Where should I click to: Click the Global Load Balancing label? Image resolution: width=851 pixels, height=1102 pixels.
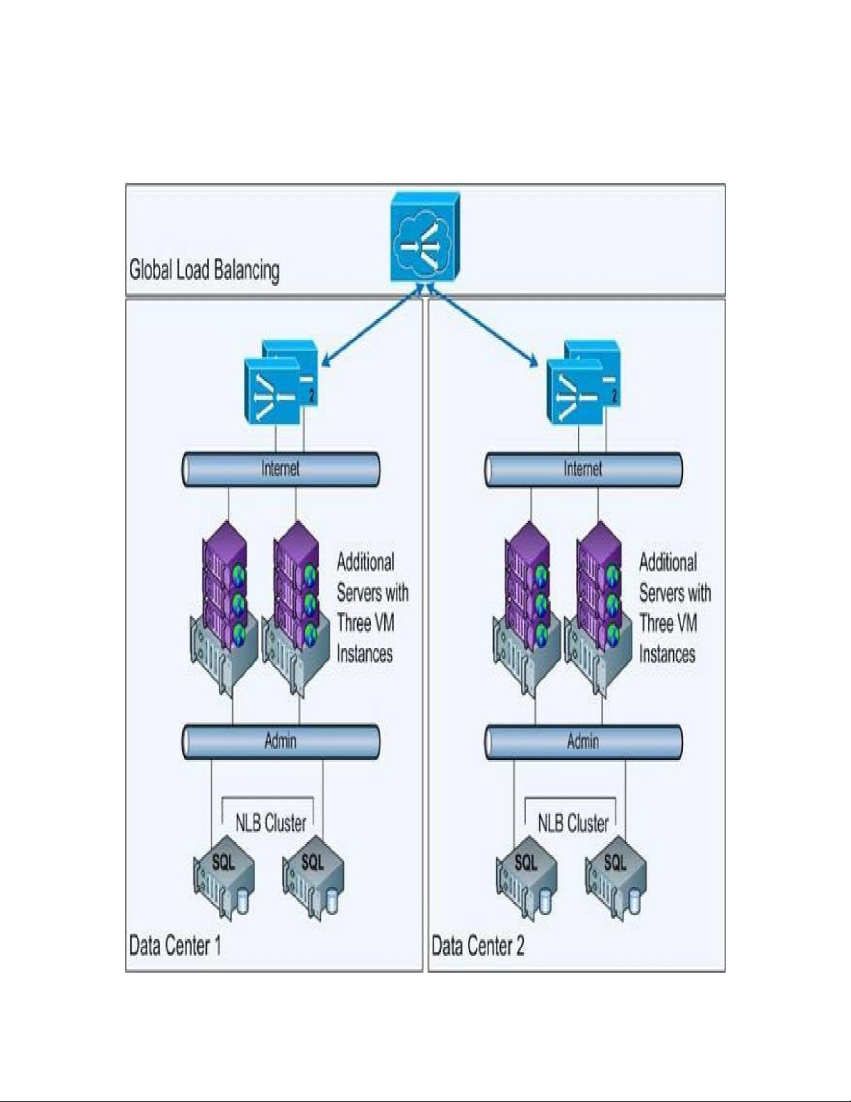tap(204, 270)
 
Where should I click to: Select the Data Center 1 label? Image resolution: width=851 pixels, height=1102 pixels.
tap(175, 946)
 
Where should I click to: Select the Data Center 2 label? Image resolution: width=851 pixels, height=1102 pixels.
tap(478, 946)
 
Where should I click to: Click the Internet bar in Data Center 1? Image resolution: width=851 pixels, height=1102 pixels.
tap(281, 469)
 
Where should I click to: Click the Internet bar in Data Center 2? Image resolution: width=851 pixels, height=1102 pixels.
tap(583, 469)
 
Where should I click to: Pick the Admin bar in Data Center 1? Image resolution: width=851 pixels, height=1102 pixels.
tap(281, 742)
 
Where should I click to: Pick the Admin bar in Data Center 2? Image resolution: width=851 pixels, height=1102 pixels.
tap(583, 742)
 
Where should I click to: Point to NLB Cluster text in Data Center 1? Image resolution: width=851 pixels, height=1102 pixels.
tap(271, 823)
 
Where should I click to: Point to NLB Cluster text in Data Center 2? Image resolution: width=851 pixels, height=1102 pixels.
tap(573, 823)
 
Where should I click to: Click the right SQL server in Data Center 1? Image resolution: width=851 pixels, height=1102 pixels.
tap(313, 883)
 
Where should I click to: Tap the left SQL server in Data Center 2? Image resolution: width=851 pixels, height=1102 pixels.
tap(526, 883)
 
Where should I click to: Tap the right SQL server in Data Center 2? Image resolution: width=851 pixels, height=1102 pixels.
tap(615, 883)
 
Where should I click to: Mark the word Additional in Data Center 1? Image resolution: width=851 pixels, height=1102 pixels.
tap(365, 562)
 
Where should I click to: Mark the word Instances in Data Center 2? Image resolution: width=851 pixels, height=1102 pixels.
tap(667, 654)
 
